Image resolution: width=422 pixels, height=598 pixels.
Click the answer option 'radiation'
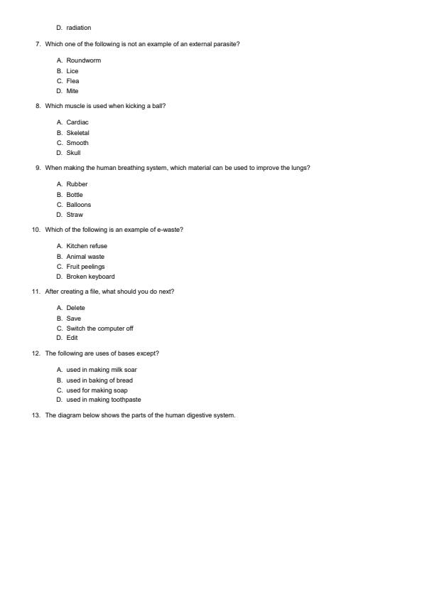tap(78, 28)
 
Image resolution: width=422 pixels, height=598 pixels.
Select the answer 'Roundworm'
tap(83, 60)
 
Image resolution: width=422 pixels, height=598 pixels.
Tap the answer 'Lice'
tap(72, 71)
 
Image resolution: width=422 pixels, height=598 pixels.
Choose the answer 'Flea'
tap(72, 81)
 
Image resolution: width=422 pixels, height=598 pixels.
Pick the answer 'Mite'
tap(72, 91)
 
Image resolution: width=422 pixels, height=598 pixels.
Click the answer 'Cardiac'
tap(77, 122)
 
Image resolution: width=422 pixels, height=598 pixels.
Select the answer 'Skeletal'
tap(77, 133)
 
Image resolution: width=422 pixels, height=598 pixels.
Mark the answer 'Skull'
tap(73, 153)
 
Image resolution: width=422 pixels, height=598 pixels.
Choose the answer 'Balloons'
tap(79, 205)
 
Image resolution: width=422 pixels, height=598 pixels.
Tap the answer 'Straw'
tap(75, 215)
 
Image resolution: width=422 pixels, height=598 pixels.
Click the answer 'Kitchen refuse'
tap(87, 246)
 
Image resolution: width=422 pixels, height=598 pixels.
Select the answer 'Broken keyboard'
tap(90, 277)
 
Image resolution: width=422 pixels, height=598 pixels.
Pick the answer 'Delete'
tap(75, 308)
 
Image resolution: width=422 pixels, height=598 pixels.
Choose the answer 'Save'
tap(74, 319)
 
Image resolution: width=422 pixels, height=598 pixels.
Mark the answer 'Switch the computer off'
tap(99, 329)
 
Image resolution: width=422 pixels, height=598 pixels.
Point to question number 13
tap(36, 415)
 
